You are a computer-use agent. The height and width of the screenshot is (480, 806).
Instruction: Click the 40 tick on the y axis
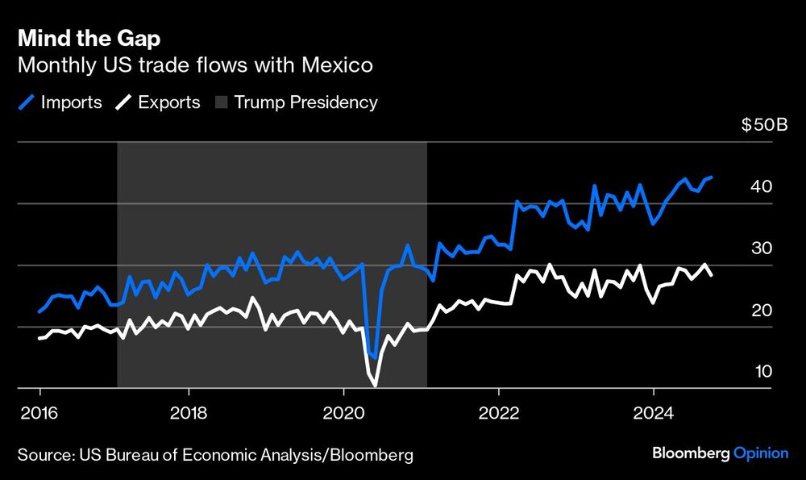coord(762,186)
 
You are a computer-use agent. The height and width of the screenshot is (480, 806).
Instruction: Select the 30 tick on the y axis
coord(762,248)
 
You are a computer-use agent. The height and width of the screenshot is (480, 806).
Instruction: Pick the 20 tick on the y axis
coord(762,310)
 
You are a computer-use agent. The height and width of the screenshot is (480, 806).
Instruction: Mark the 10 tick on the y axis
coord(762,371)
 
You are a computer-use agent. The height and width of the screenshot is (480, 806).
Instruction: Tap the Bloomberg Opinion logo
coord(720,453)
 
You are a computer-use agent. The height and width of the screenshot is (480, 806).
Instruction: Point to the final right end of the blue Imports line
coord(712,177)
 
